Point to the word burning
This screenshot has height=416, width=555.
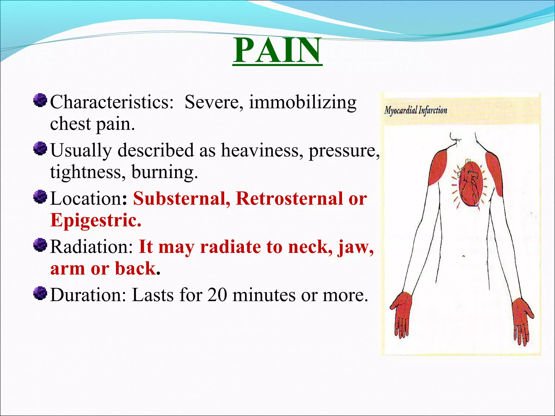pyautogui.click(x=164, y=172)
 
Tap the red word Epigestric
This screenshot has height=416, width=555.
pyautogui.click(x=96, y=220)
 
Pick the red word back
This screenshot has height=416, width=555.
pyautogui.click(x=135, y=269)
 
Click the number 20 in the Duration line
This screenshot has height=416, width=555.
pyautogui.click(x=217, y=295)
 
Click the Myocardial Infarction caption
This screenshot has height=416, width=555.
pyautogui.click(x=416, y=110)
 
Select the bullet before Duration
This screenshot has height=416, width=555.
pyautogui.click(x=40, y=293)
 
